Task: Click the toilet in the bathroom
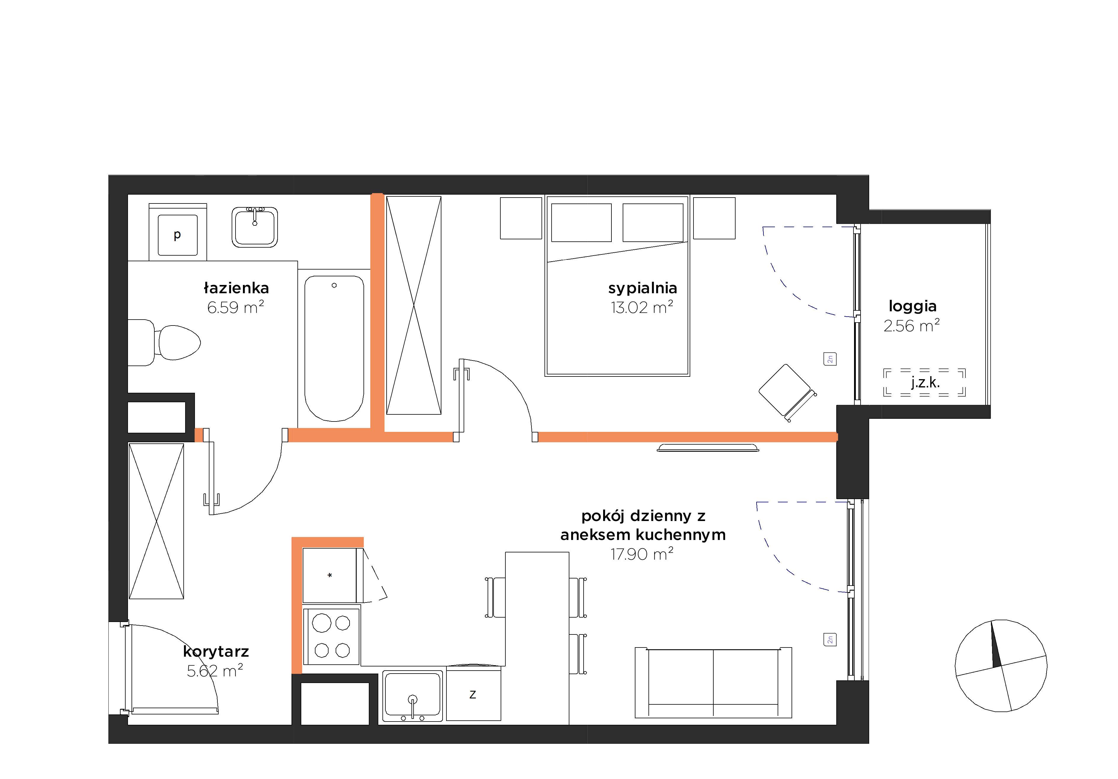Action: pos(165,343)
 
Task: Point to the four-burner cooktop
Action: pos(331,636)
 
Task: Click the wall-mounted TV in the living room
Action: pos(708,448)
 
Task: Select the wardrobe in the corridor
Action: pos(156,521)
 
